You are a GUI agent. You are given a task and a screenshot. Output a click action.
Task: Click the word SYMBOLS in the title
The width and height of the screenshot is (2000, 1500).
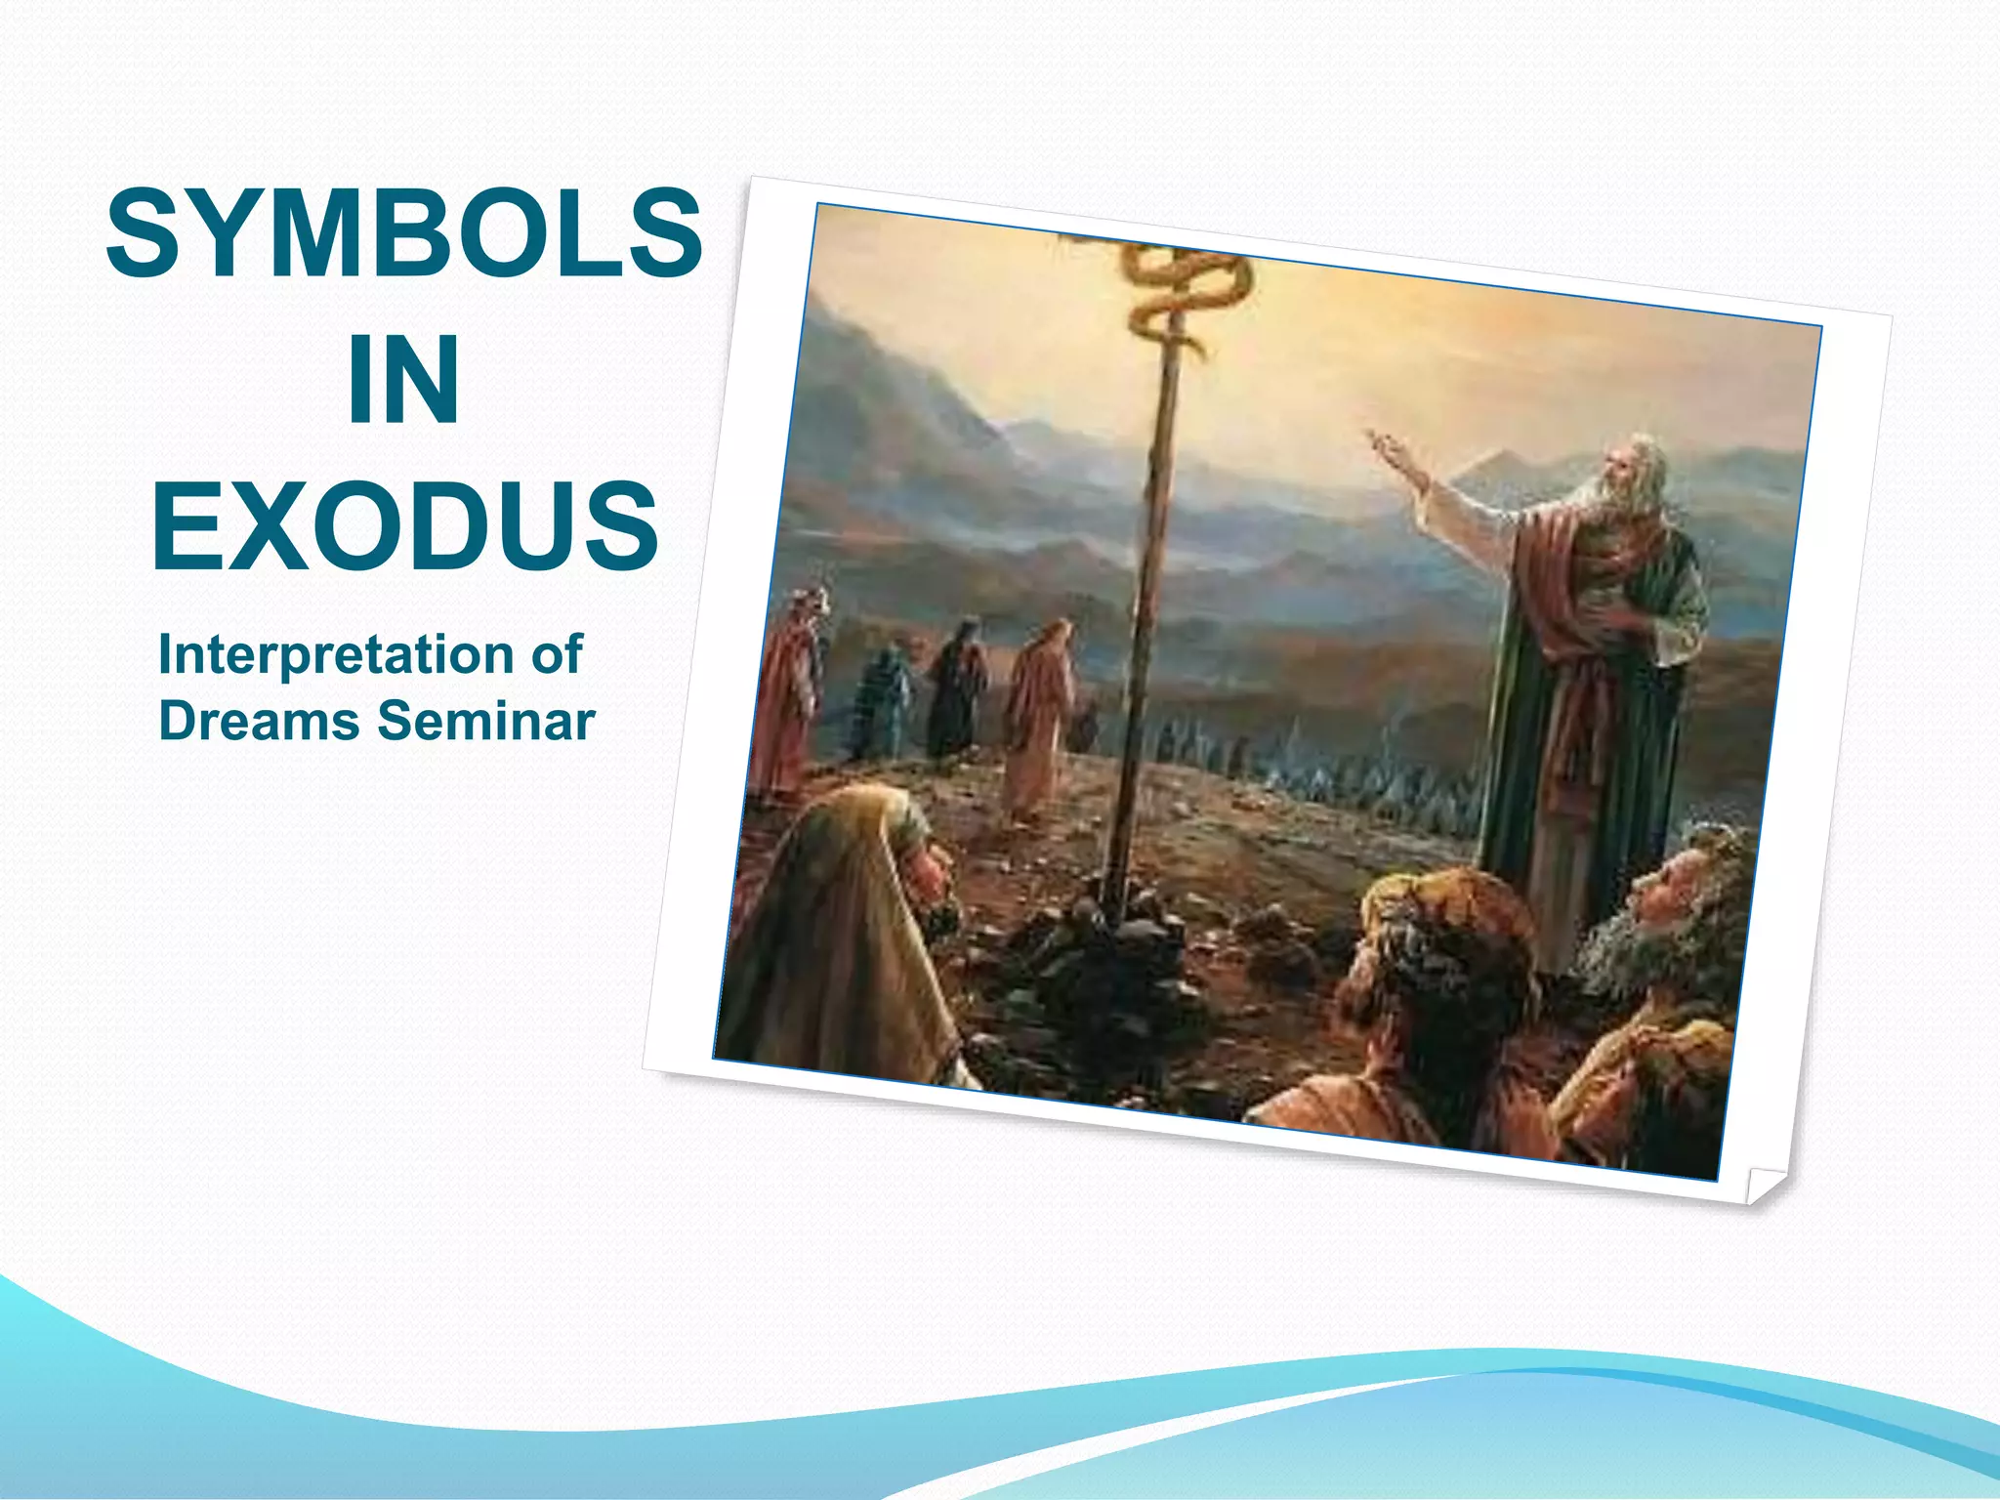point(403,234)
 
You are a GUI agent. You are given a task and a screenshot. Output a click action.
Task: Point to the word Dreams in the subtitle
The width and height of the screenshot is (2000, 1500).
point(259,721)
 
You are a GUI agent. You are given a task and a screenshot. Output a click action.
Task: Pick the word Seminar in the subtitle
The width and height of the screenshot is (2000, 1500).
point(485,721)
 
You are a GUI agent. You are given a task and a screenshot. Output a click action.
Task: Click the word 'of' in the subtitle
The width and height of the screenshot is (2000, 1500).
point(557,653)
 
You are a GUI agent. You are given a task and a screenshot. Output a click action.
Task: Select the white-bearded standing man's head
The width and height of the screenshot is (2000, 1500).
point(1626,479)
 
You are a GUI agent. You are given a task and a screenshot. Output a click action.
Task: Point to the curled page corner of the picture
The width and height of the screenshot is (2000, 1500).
point(1766,1184)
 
